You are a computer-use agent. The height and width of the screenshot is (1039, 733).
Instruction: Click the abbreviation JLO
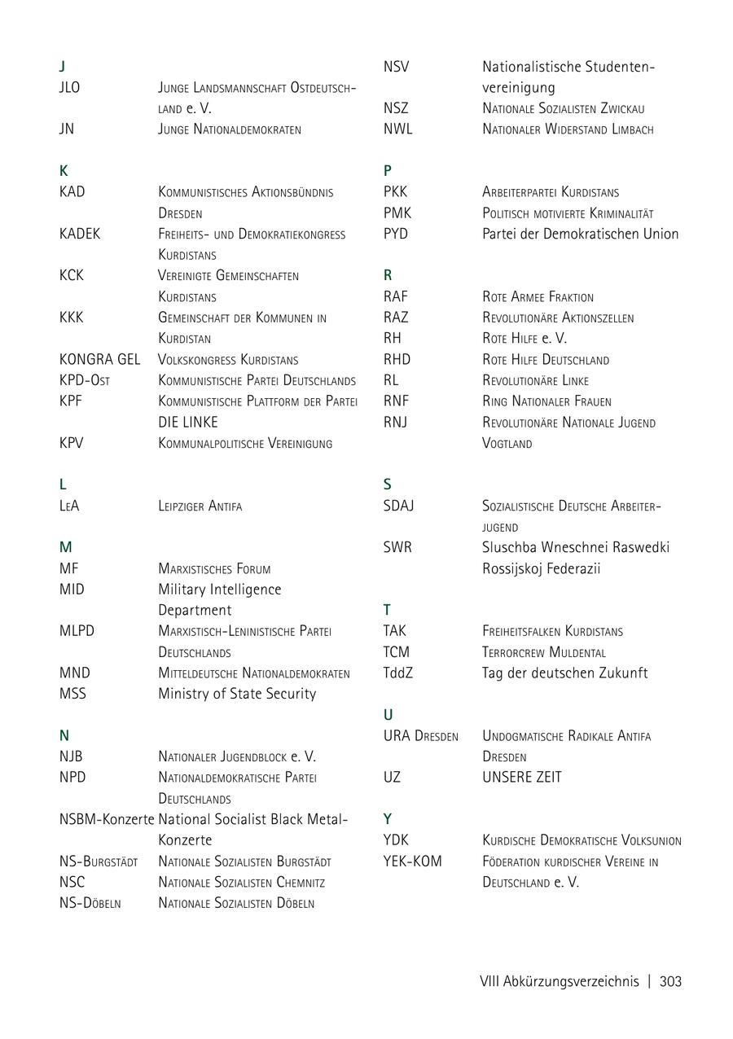tap(70, 87)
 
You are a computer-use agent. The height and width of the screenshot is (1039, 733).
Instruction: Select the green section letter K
tap(64, 171)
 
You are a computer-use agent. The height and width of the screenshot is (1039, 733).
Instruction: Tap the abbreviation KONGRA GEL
tap(99, 359)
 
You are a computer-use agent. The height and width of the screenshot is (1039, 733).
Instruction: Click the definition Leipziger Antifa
tap(200, 506)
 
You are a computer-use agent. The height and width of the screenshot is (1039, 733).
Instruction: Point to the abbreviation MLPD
tap(77, 631)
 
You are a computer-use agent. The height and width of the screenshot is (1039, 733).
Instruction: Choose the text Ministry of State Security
tap(237, 694)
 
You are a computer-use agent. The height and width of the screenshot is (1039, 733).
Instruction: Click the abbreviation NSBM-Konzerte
tap(107, 819)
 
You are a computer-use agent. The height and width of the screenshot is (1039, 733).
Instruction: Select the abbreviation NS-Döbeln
tap(90, 903)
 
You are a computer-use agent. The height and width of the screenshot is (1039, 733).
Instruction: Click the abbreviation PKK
tap(395, 192)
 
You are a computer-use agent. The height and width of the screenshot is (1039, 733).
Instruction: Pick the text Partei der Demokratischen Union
tap(580, 234)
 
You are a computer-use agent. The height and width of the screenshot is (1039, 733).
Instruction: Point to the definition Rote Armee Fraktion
tap(538, 297)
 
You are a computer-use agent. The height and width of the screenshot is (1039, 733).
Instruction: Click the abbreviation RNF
tap(396, 401)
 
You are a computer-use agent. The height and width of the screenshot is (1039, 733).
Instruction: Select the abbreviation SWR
tap(397, 547)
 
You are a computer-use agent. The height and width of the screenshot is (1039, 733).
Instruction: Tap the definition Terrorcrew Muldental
tap(543, 652)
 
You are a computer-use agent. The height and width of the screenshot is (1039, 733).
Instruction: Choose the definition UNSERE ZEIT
tap(521, 777)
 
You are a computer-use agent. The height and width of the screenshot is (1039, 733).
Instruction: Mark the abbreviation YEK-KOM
tap(412, 861)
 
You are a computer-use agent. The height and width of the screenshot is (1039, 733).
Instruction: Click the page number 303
tap(670, 981)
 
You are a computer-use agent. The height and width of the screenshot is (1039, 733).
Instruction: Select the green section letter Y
tap(388, 818)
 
